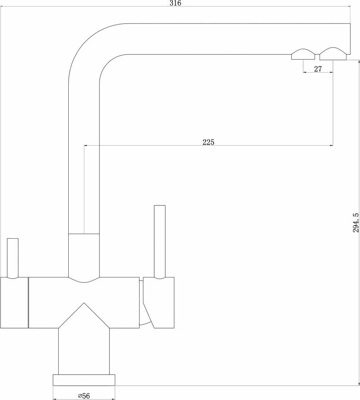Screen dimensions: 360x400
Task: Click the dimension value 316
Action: click(x=176, y=3)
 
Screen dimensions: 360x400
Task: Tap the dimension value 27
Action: click(x=317, y=69)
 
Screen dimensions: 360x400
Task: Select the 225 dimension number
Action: click(x=209, y=142)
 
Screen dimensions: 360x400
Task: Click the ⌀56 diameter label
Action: click(x=83, y=395)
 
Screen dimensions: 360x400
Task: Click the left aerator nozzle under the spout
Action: click(x=303, y=55)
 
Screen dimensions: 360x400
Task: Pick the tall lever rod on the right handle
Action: click(x=160, y=241)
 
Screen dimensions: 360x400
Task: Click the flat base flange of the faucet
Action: click(x=84, y=380)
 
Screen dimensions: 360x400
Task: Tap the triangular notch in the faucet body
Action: click(x=84, y=315)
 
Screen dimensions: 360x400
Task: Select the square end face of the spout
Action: click(x=349, y=38)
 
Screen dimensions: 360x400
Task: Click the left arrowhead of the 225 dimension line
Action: click(x=86, y=146)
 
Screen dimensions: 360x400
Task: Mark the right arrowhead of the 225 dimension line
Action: click(x=331, y=146)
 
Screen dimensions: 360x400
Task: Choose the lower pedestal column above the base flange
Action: click(x=84, y=350)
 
